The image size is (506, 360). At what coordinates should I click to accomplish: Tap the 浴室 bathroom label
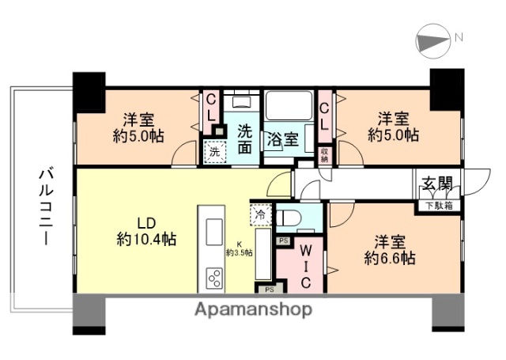(x=281, y=140)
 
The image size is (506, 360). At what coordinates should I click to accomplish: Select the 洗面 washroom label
(x=245, y=139)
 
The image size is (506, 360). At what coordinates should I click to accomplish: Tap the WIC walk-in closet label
(x=304, y=267)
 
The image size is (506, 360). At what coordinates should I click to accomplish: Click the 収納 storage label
(x=324, y=155)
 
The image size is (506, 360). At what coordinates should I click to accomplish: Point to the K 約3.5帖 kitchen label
(x=239, y=248)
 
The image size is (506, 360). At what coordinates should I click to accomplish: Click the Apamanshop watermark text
(x=254, y=309)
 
